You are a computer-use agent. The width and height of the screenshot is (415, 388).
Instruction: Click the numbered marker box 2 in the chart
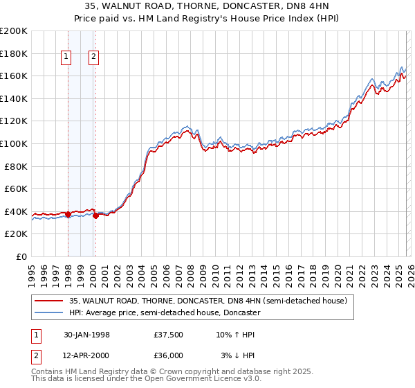(x=94, y=58)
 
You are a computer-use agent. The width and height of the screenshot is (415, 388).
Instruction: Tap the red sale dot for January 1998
(x=68, y=214)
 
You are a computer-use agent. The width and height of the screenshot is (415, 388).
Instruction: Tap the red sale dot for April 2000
(x=95, y=215)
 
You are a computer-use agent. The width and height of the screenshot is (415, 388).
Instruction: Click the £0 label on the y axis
(x=20, y=256)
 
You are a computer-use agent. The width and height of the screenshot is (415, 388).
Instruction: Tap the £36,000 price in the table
(x=169, y=355)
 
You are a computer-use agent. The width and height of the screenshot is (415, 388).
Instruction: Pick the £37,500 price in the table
(x=169, y=335)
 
